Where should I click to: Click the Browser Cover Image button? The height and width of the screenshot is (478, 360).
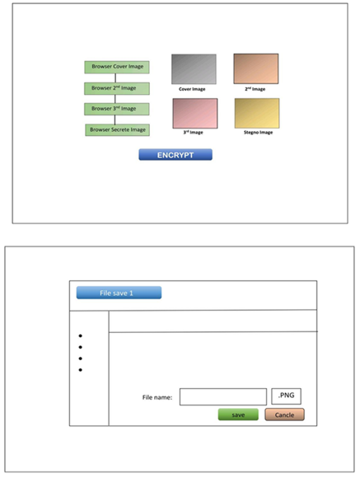coord(117,67)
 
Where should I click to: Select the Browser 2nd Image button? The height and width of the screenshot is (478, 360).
coord(117,88)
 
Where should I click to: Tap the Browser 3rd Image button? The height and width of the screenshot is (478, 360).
coord(117,109)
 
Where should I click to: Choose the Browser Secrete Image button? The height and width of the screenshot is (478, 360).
coord(117,130)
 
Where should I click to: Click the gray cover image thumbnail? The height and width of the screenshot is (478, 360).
coord(194,69)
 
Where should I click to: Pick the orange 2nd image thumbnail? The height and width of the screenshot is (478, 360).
coord(256,68)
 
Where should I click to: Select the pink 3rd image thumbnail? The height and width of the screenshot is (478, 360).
coord(195,114)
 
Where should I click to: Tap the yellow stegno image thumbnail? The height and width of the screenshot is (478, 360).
coord(257,113)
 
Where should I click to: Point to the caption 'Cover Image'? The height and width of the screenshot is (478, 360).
coord(192,89)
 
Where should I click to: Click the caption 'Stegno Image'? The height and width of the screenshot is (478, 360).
coord(258,133)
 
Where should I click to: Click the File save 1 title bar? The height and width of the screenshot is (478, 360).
coord(119,293)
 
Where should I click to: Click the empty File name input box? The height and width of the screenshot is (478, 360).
coord(223,396)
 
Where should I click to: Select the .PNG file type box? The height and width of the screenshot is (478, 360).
coord(286,396)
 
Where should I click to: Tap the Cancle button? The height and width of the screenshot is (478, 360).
coord(284,415)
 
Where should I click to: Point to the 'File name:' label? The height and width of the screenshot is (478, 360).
coord(157,397)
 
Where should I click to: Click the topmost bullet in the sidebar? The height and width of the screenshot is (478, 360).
coord(81,335)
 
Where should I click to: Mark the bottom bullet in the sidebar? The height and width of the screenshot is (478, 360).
coord(81,370)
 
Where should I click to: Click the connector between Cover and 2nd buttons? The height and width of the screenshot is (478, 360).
coord(115,78)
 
